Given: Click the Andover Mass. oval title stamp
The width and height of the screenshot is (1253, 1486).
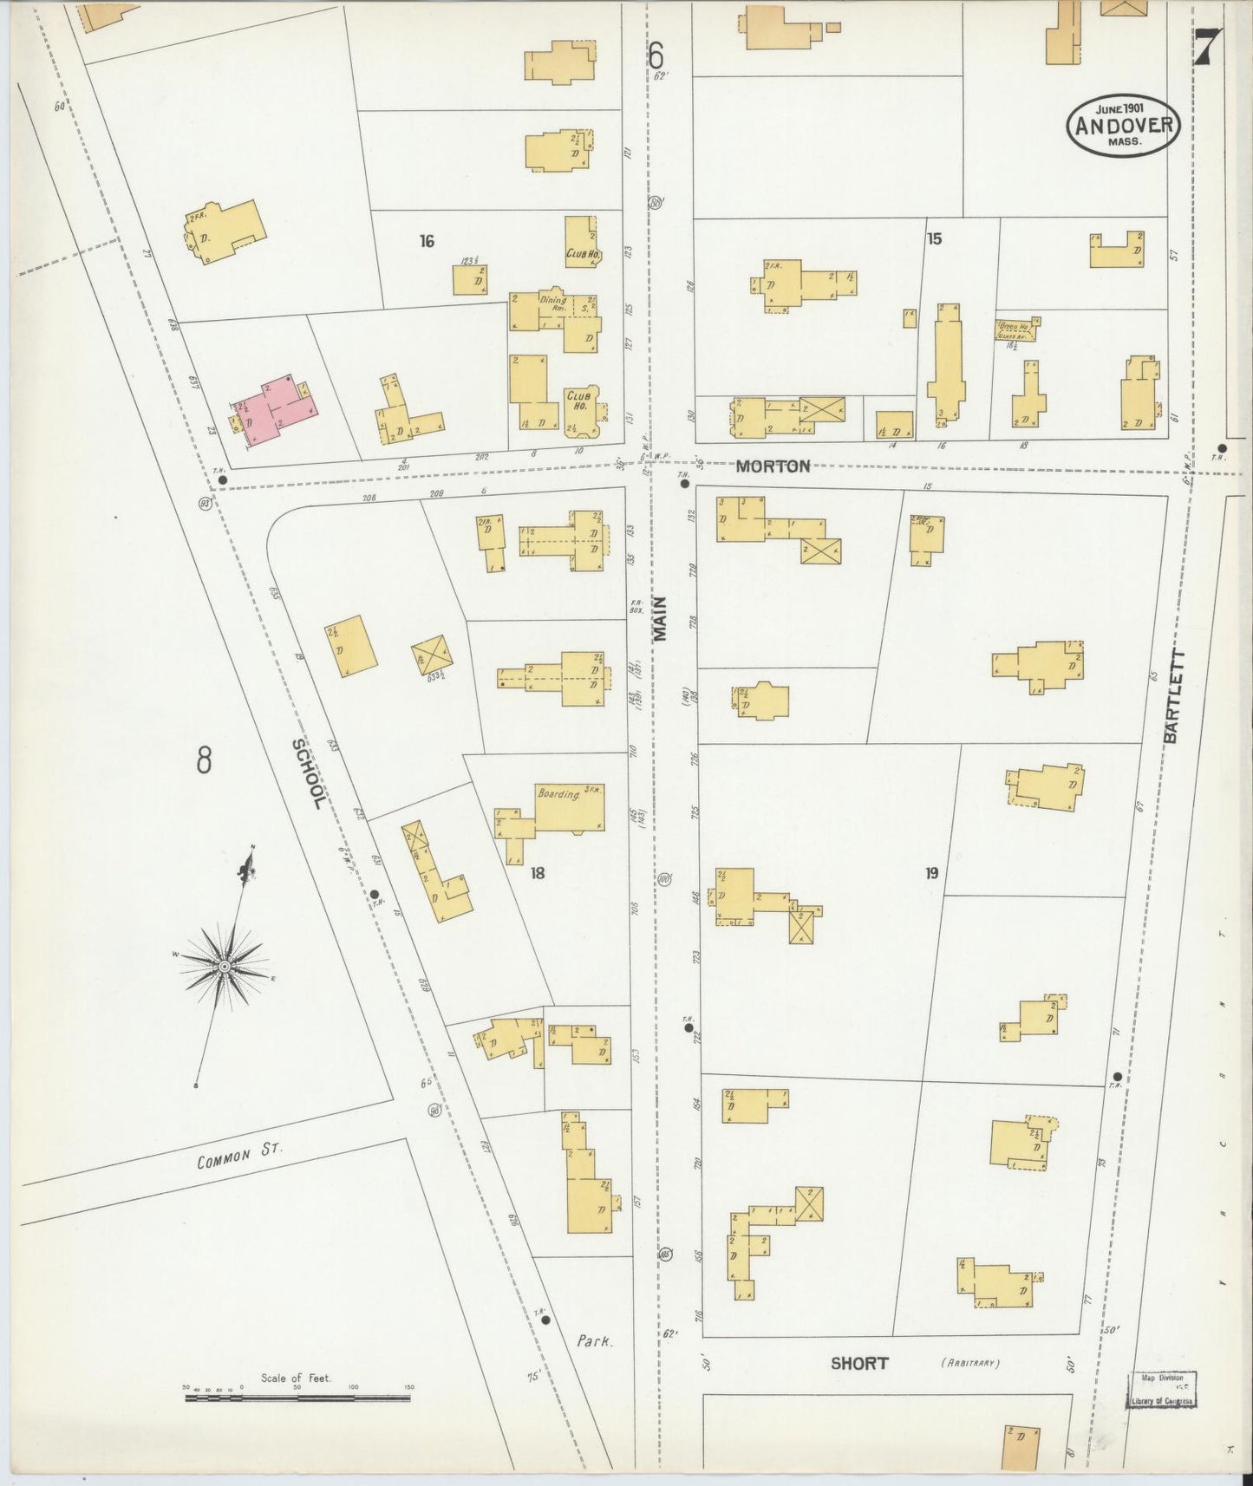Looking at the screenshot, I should click(1123, 125).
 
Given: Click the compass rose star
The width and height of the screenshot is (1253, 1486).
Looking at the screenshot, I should click(224, 965).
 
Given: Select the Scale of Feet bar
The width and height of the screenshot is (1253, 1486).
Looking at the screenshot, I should click(298, 1398).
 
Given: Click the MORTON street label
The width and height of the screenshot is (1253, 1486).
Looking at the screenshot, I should click(773, 466).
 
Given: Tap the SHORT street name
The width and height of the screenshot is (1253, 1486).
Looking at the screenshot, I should click(858, 1363).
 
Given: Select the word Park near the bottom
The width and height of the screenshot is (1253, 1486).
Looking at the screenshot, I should click(595, 1340).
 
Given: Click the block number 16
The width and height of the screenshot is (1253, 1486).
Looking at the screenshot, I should click(426, 241).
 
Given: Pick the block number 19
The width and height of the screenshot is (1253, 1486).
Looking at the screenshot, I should click(930, 873).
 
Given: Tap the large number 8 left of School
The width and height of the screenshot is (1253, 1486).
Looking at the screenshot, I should click(204, 760).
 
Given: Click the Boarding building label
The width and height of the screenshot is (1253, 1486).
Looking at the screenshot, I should click(558, 793).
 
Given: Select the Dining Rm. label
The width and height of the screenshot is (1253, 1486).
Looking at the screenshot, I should click(552, 303).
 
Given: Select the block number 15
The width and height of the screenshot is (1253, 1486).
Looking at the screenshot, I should click(933, 238).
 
